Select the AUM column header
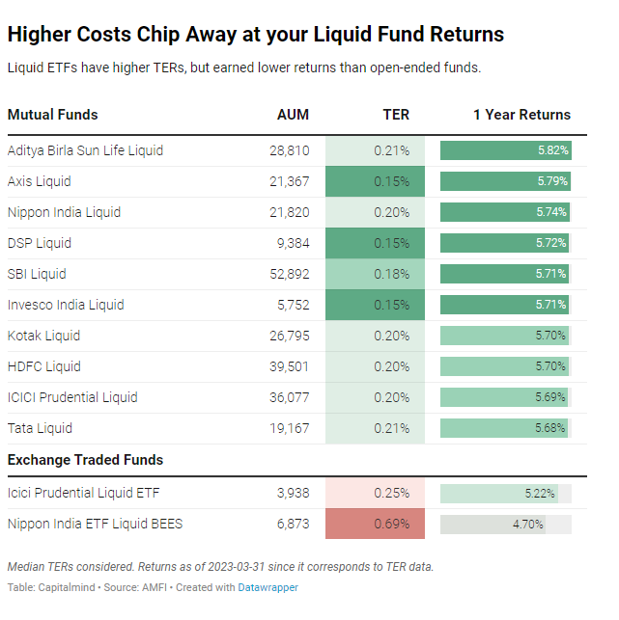click(293, 114)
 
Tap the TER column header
click(396, 114)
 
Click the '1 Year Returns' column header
click(521, 114)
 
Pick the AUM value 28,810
click(290, 150)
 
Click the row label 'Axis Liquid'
click(39, 181)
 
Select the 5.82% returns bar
click(505, 150)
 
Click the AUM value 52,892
click(290, 274)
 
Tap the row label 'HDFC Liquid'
click(43, 366)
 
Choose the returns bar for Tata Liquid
click(503, 428)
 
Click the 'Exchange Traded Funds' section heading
click(85, 460)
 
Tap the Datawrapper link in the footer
click(268, 587)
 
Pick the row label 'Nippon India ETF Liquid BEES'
click(95, 525)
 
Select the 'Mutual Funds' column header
click(52, 114)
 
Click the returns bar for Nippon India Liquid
click(504, 212)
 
